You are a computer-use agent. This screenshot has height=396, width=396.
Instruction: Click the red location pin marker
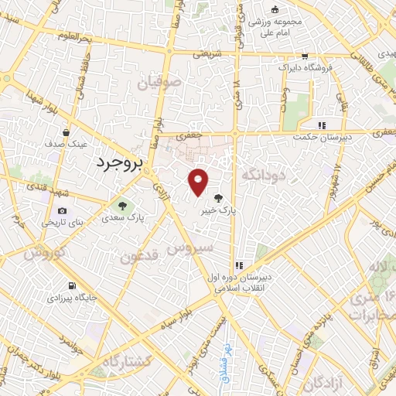coord(199,182)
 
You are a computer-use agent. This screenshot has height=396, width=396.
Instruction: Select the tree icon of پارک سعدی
coord(121,207)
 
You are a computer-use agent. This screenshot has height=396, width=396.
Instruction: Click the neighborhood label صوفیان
coord(159,80)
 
